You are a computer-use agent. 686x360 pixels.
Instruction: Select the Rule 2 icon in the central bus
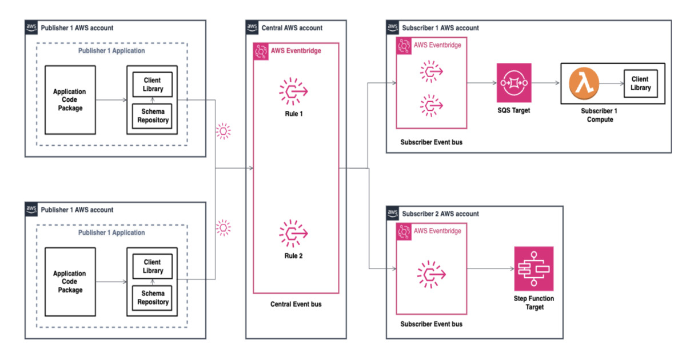[293, 233]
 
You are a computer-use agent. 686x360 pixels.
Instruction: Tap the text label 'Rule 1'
[293, 114]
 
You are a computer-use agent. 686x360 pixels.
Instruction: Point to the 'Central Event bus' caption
[296, 304]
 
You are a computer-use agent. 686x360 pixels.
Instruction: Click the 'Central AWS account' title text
[292, 27]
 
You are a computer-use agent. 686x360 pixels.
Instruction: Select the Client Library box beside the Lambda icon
[640, 83]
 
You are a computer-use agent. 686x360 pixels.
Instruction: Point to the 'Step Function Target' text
[534, 302]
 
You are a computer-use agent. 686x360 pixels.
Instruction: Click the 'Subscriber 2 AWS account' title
[440, 214]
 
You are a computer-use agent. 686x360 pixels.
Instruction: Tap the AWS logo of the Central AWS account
[252, 27]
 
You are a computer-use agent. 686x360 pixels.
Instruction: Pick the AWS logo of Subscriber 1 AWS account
[393, 27]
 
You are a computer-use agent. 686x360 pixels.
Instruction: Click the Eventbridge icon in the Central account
[261, 51]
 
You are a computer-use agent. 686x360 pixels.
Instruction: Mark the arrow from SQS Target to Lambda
[546, 83]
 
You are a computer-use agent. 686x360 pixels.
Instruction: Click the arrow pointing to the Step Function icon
[490, 269]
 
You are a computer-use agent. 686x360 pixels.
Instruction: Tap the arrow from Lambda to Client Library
[610, 83]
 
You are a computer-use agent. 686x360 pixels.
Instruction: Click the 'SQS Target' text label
[514, 110]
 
